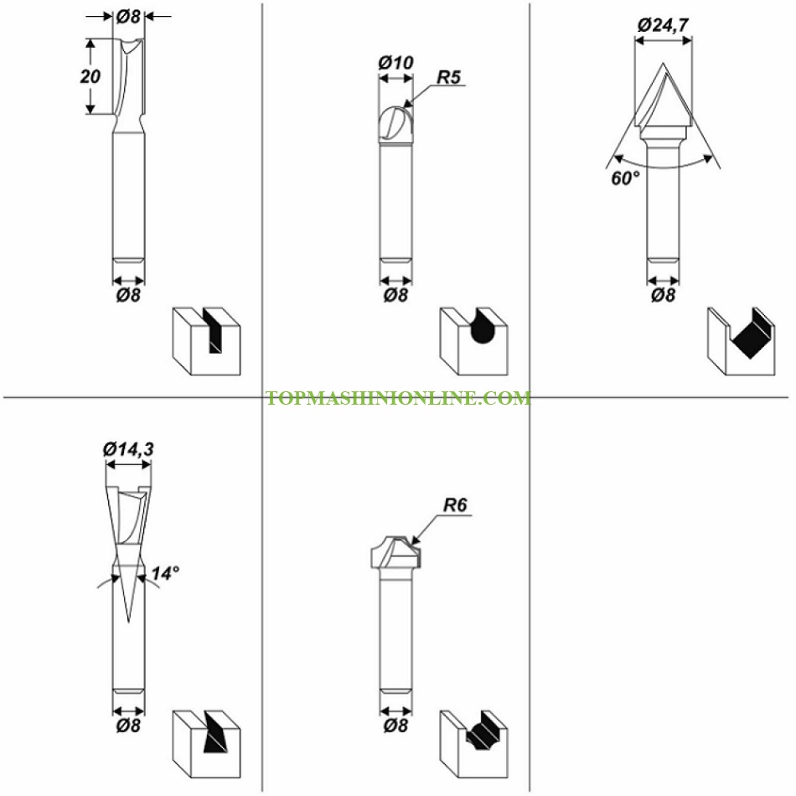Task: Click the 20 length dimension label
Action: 90,76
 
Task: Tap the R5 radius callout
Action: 449,77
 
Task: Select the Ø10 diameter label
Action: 396,63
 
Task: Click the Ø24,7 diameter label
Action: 663,25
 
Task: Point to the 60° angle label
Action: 625,178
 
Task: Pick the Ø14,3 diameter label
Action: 128,449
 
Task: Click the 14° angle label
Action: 166,573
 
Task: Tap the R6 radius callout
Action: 455,505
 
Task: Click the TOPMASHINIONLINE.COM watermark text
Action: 399,398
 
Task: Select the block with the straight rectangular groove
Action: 207,341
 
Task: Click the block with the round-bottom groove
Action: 473,341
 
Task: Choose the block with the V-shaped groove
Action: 742,341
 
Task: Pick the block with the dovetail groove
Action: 207,744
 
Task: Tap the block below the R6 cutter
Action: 473,744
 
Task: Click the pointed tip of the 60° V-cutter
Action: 663,64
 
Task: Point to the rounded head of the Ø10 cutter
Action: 396,125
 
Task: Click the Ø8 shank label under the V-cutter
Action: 663,295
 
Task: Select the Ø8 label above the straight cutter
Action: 128,16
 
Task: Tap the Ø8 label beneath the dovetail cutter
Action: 128,726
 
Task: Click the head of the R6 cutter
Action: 396,552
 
